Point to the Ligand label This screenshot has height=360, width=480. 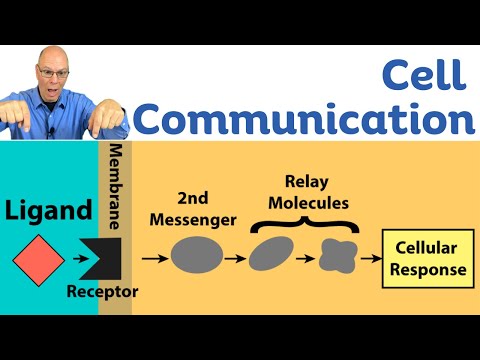(47, 212)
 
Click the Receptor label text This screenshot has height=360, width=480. (102, 292)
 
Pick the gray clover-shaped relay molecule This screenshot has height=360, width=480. (337, 258)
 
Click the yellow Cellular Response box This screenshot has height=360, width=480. (426, 258)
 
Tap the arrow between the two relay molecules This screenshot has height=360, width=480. (306, 258)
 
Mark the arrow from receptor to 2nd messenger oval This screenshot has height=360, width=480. (153, 258)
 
